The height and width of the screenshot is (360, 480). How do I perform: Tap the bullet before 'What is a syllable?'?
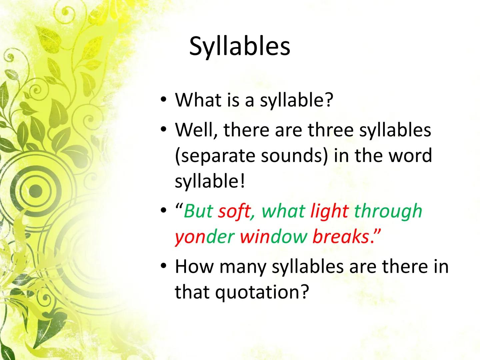pos(163,100)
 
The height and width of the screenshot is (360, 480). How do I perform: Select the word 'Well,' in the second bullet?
pos(196,130)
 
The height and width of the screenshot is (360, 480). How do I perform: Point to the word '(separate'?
pos(215,156)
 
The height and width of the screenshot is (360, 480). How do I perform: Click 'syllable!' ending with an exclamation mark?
pos(210,181)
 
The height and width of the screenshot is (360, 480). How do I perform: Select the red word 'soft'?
pos(234,211)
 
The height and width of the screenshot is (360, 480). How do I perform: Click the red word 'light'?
pos(329,211)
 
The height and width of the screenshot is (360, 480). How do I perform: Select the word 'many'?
pos(243,267)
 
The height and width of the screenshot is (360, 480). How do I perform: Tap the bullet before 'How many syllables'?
pos(163,266)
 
